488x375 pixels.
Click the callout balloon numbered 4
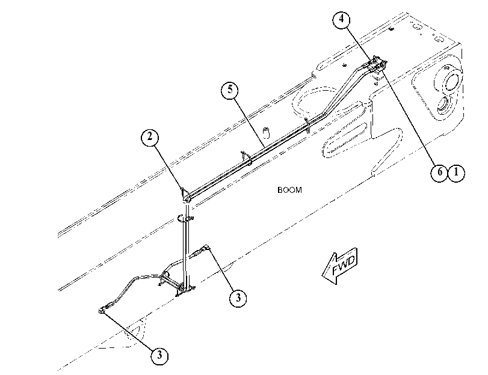[x=341, y=19]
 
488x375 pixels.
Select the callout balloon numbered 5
[x=230, y=90]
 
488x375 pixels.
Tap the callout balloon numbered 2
[x=150, y=137]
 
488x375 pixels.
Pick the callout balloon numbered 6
[x=439, y=172]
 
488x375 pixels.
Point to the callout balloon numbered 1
[x=456, y=172]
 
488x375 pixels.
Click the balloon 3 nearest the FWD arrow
[x=238, y=298]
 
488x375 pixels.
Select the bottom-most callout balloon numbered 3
[x=159, y=355]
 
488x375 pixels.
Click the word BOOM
[x=289, y=190]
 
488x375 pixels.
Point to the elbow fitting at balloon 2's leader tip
[x=186, y=195]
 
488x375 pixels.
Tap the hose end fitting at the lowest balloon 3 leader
[x=103, y=309]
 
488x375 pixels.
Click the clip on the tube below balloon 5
[x=247, y=157]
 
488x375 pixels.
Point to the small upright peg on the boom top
[x=266, y=132]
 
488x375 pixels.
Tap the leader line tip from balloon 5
[x=265, y=147]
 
